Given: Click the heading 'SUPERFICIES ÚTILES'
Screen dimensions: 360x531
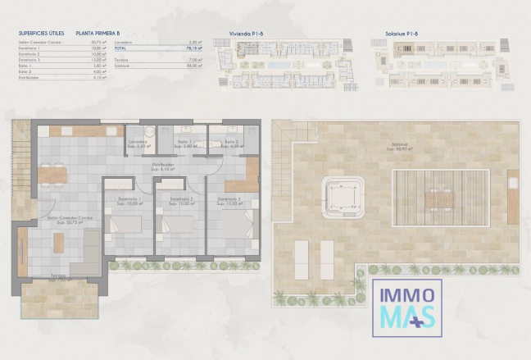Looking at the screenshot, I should (41, 34).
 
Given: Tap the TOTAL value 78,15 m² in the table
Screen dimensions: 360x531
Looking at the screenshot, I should (194, 48).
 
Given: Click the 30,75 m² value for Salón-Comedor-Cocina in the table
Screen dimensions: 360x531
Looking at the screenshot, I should (96, 43).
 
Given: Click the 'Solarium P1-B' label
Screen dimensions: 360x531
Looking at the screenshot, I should (402, 34).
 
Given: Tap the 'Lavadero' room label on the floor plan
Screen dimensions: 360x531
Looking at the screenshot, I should (137, 141).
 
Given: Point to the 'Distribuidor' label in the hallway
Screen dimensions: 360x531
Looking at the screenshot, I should (162, 165).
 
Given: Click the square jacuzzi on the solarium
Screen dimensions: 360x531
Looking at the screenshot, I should (343, 194).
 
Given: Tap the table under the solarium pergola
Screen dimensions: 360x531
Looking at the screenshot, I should (441, 199).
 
